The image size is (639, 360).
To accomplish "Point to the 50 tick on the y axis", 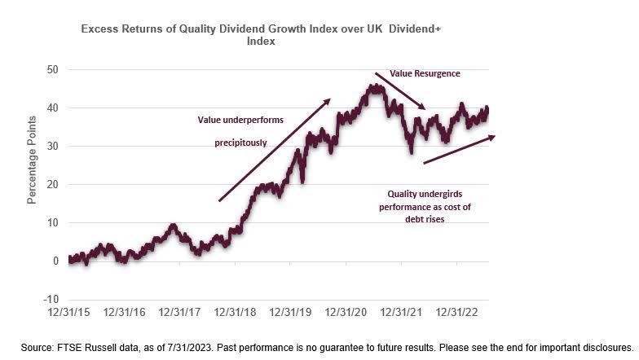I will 54,70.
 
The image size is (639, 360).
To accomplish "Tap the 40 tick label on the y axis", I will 54,108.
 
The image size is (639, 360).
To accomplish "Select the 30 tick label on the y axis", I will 54,147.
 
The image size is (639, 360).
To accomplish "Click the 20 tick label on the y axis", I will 54,185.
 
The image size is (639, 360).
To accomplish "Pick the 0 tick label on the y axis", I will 56,261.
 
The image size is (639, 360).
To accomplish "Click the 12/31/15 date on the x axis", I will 70,312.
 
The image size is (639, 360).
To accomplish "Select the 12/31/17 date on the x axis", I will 181,312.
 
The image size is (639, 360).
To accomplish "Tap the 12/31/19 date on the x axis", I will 292,312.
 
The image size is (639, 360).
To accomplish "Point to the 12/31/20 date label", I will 347,312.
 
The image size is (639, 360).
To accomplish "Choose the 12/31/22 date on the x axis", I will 458,312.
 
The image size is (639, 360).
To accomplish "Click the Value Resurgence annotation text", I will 425,73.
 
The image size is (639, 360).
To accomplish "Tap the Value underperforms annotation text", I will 240,120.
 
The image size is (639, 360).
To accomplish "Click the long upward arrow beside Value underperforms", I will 274,150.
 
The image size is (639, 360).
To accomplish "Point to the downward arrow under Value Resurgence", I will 400,92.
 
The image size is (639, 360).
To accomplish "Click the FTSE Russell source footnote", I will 327,347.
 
